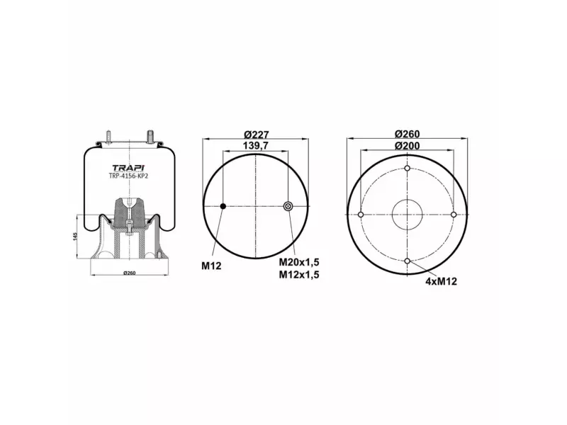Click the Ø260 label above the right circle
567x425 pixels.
coord(408,135)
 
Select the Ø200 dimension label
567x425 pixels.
coord(408,145)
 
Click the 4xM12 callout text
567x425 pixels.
coord(441,281)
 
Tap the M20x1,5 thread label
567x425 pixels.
coord(298,263)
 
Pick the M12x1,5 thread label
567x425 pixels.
coord(298,275)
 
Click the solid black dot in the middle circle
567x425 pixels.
coord(223,206)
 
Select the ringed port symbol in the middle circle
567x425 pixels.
coord(288,206)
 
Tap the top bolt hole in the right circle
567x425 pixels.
coord(408,168)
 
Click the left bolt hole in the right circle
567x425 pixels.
coord(361,215)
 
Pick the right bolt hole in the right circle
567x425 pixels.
coord(454,215)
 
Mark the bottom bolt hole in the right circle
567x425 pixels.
coord(408,261)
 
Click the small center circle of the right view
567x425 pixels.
coord(408,215)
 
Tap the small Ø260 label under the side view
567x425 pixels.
coord(129,273)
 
